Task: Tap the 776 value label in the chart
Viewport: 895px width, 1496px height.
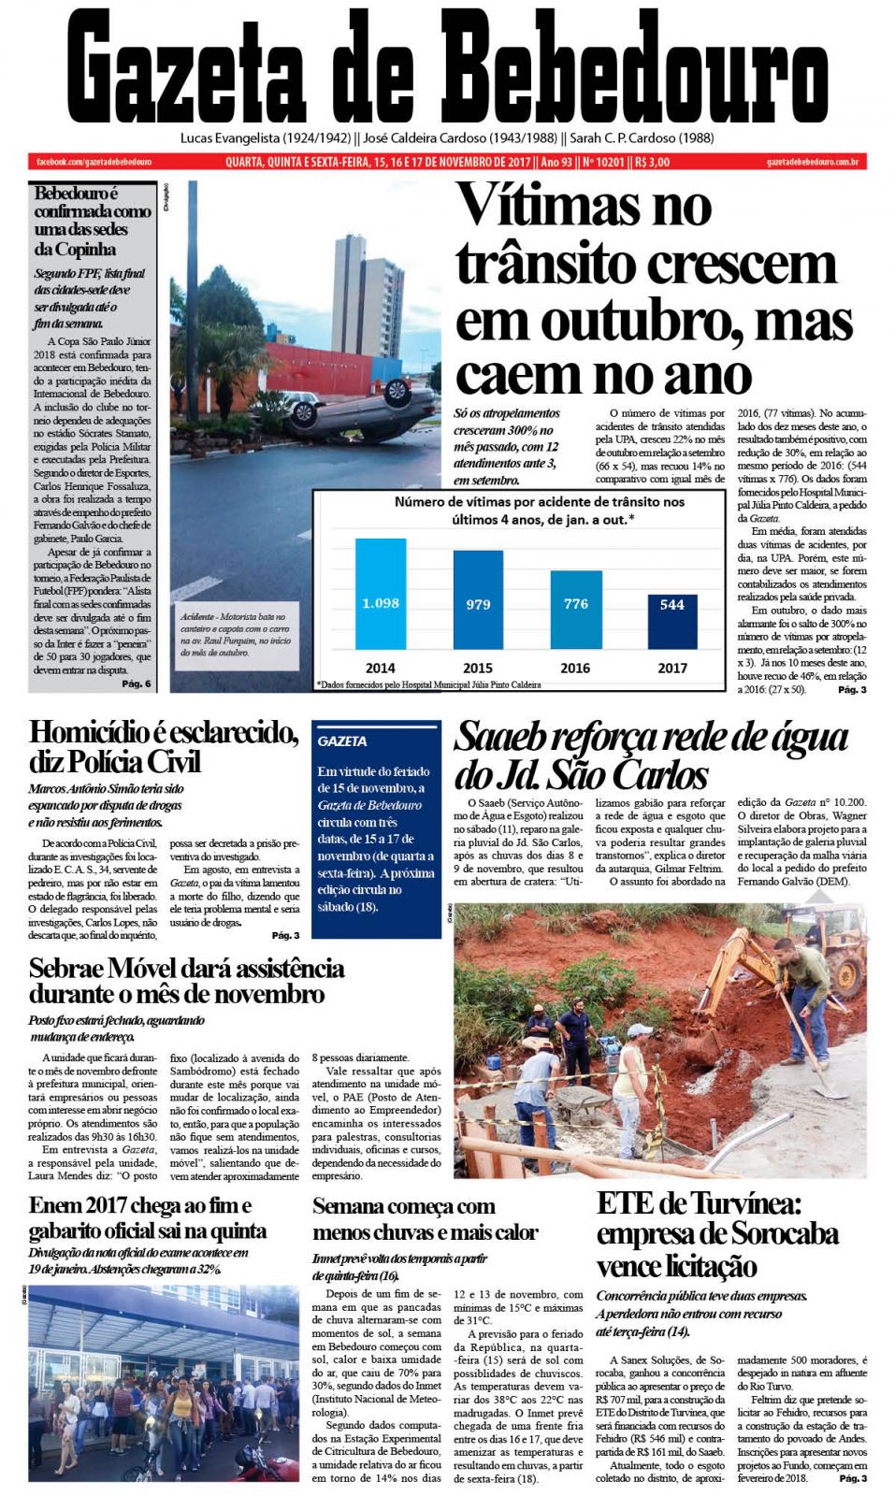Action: point(575,604)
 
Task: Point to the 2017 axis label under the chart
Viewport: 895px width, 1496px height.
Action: point(671,668)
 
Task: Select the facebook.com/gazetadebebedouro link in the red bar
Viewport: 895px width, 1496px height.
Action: point(94,162)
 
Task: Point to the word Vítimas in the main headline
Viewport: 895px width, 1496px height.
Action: point(585,206)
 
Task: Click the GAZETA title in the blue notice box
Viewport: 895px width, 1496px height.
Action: point(342,741)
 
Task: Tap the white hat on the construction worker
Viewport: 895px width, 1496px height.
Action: point(639,1030)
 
